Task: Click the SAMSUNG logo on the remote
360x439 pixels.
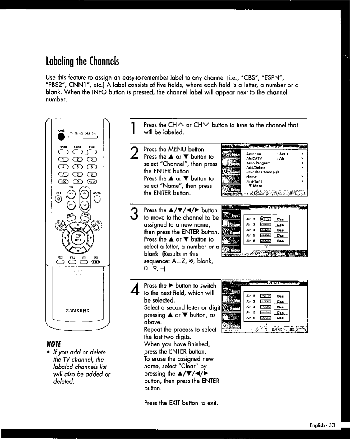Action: (77, 310)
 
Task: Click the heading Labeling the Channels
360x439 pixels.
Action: (82, 61)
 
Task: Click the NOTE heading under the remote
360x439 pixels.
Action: (53, 344)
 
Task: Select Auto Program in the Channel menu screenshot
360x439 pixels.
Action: (258, 163)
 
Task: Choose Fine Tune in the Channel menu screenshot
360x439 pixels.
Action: (254, 181)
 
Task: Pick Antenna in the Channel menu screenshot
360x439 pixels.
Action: (253, 154)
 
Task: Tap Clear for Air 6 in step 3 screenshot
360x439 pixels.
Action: (280, 241)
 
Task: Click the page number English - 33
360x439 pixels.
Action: (322, 425)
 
